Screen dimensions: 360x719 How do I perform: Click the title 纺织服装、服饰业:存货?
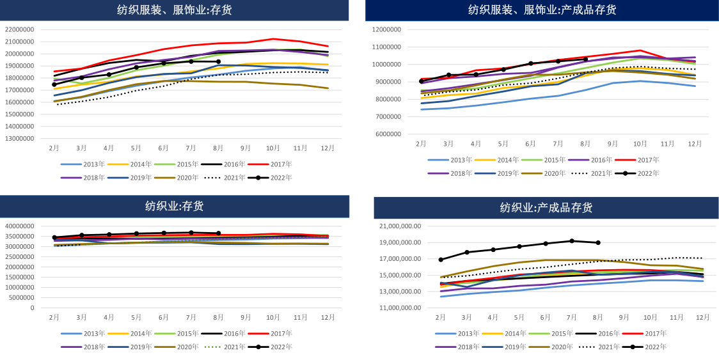click(174, 10)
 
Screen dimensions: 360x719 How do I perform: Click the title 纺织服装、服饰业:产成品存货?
click(542, 10)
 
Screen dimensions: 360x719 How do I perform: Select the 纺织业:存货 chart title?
click(174, 206)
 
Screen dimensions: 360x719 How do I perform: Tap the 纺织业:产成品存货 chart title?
click(546, 207)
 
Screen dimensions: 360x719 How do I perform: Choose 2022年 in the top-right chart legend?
click(648, 173)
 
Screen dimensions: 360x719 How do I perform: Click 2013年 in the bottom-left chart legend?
click(94, 333)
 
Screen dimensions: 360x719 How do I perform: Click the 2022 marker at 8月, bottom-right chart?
click(598, 243)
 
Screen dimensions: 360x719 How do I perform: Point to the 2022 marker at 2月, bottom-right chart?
click(441, 260)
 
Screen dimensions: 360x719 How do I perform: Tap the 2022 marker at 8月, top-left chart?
click(218, 62)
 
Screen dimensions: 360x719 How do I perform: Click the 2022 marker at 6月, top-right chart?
click(530, 63)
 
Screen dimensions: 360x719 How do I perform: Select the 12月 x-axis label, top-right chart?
click(695, 144)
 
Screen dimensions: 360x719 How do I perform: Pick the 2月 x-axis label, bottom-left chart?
click(54, 317)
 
